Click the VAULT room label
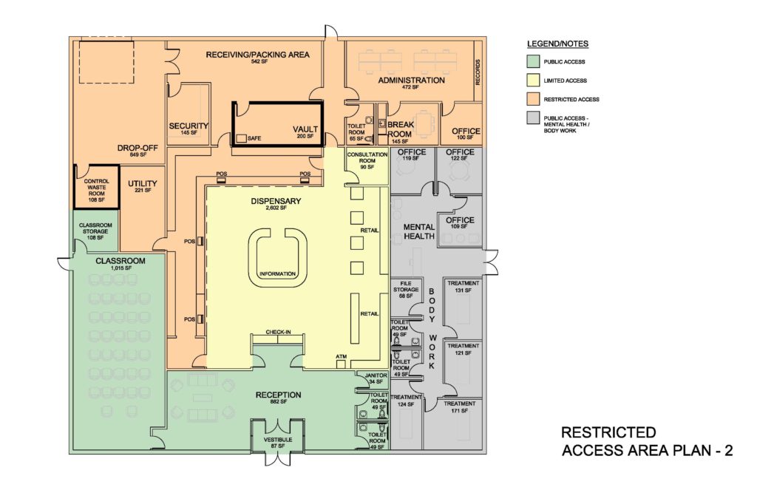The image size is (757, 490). point(305,128)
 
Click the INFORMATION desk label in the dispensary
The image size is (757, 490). point(277,274)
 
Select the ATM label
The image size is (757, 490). point(341,356)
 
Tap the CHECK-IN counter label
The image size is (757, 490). point(278,333)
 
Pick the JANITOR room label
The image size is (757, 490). point(376,375)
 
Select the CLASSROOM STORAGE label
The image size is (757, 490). point(95,231)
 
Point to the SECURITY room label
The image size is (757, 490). point(189,126)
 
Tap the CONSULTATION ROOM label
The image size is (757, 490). point(367,159)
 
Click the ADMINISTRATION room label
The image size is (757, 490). point(411,80)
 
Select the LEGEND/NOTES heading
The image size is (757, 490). point(558,44)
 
